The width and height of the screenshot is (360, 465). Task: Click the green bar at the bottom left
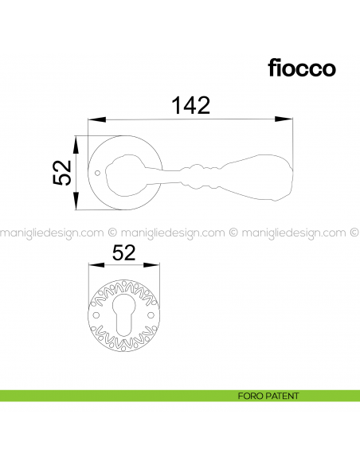coord(80,396)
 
